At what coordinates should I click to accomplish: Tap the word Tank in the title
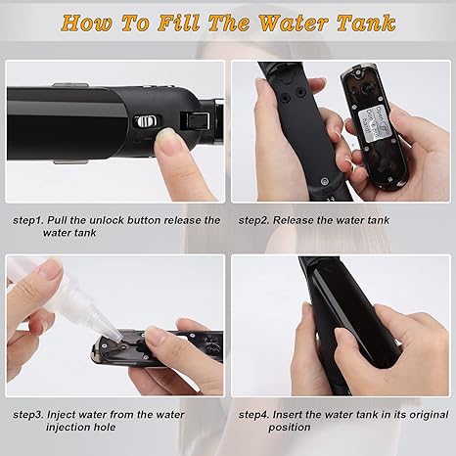[x=366, y=23]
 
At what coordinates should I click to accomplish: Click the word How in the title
[x=87, y=23]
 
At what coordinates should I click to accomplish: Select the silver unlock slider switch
[x=148, y=121]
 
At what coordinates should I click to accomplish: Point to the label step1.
[x=28, y=221]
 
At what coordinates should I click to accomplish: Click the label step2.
[x=253, y=221]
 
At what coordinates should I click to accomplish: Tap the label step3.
[x=28, y=415]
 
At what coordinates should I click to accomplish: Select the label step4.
[x=253, y=415]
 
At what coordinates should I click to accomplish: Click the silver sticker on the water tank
[x=372, y=120]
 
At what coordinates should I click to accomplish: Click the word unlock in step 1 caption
[x=107, y=220]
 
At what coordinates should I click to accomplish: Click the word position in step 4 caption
[x=290, y=428]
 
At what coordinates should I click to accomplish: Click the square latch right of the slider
[x=195, y=121]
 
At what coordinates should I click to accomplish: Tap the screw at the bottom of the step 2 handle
[x=324, y=181]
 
